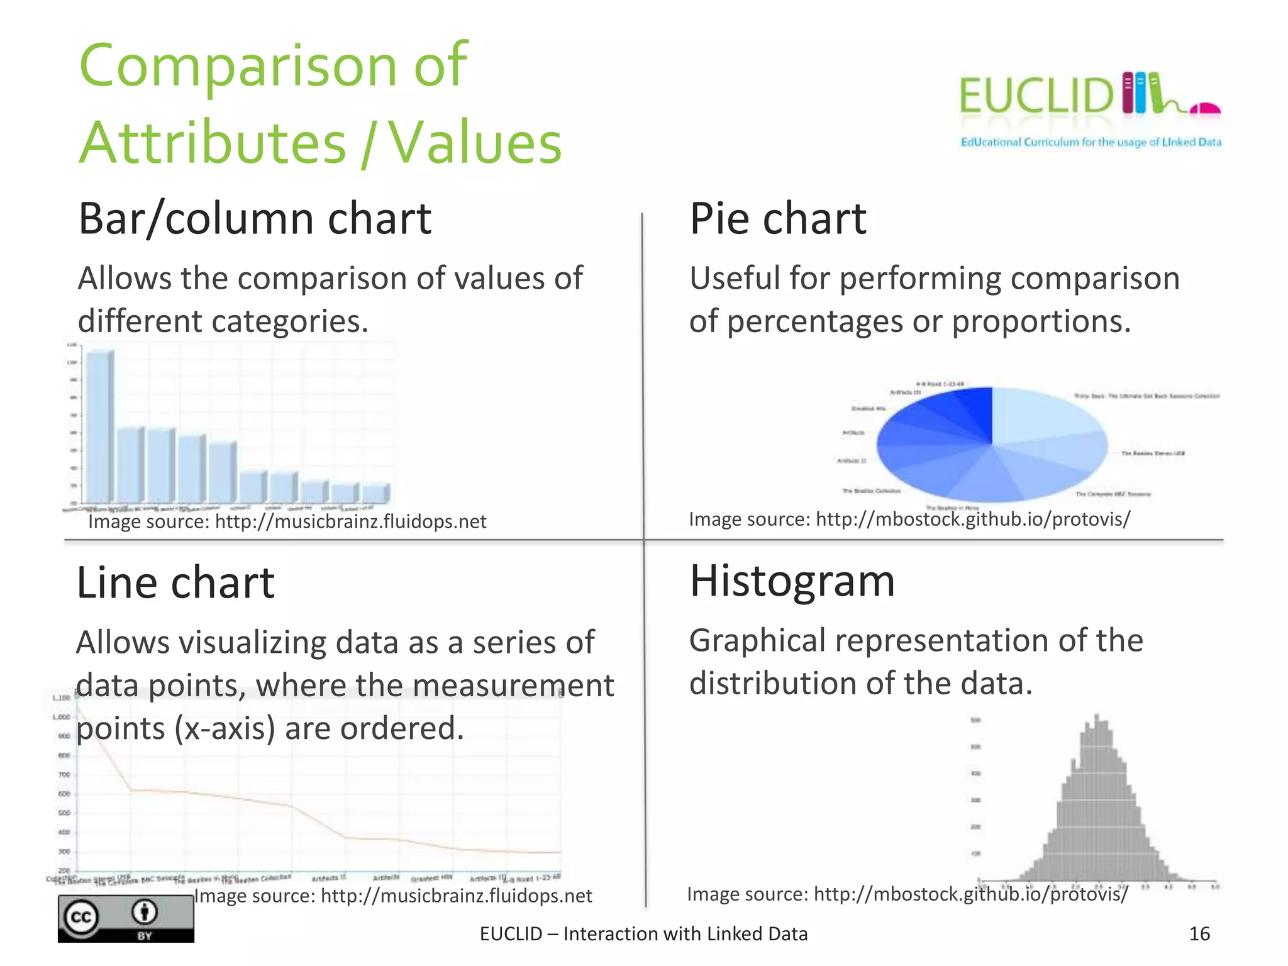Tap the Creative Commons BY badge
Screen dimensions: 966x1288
pos(126,918)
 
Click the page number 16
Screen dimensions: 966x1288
pos(1199,934)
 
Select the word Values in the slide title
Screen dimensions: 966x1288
pos(476,143)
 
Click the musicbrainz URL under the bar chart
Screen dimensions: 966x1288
pos(350,522)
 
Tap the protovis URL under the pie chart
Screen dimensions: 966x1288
pos(972,519)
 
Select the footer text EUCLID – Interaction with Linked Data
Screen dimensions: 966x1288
pos(643,934)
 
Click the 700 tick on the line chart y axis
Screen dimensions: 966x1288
pos(64,775)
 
